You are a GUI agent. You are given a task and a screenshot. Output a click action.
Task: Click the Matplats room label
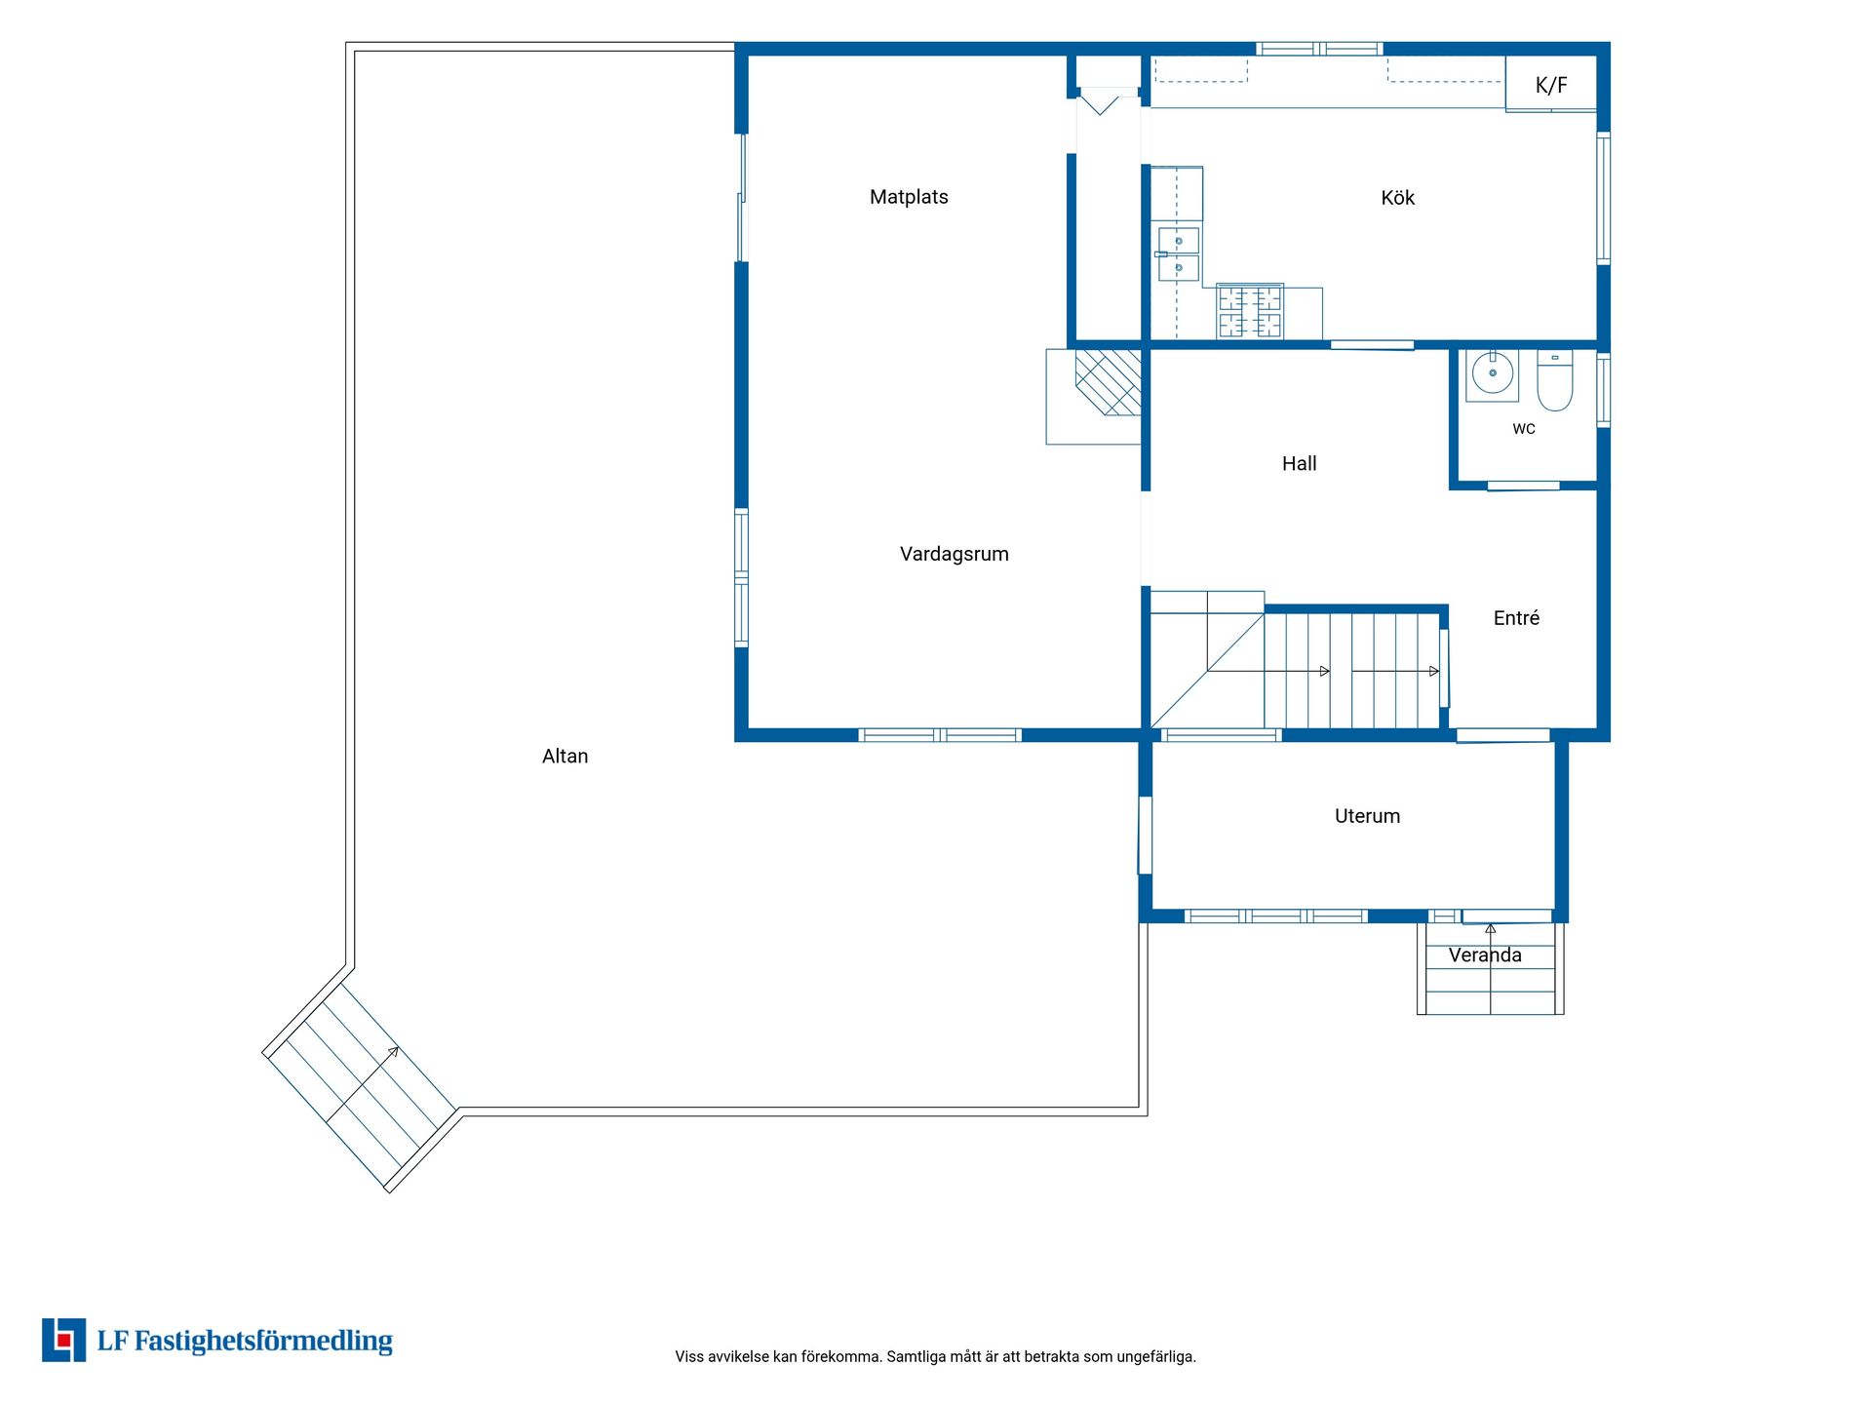pos(909,197)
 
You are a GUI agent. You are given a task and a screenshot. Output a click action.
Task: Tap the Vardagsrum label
pos(954,555)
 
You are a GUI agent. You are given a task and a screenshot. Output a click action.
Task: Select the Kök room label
pos(1397,198)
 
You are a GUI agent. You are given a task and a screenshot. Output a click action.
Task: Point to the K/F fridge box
pos(1551,85)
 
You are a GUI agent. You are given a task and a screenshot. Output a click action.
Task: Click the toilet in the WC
pos(1555,380)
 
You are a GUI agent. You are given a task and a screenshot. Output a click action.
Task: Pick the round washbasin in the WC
pos(1492,373)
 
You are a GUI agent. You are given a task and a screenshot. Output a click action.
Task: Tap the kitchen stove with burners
pos(1250,312)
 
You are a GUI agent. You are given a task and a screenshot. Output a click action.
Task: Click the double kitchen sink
pos(1178,253)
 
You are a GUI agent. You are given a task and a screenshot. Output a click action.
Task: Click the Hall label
pos(1299,464)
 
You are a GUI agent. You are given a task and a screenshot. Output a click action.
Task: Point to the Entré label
pos(1516,618)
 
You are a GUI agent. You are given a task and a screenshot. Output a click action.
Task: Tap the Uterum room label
pos(1367,816)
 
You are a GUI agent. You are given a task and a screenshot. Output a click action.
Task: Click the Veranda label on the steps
pos(1485,955)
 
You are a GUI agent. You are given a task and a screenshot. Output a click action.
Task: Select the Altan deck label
pos(565,757)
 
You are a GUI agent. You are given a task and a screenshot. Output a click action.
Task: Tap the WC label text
pos(1524,429)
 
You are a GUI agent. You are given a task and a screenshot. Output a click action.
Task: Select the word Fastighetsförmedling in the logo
pos(263,1342)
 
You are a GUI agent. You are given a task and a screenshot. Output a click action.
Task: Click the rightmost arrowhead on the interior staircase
pos(1434,671)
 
